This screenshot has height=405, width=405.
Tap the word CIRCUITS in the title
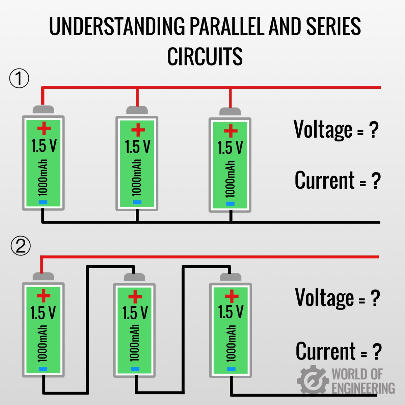coord(205,56)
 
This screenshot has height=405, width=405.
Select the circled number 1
coord(19,79)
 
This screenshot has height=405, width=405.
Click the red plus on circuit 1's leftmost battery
coord(44,129)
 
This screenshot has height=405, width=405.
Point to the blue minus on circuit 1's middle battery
coord(137,202)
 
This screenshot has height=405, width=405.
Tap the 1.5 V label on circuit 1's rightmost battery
coord(230,147)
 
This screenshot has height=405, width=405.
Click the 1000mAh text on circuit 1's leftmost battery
coord(43,178)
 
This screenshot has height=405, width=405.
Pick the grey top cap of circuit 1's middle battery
coord(137,110)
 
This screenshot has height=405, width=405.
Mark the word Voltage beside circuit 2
coord(324,298)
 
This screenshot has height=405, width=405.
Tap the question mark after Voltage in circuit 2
coord(375,298)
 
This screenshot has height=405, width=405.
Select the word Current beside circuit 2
coord(326,351)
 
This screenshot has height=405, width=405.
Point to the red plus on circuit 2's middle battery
coord(135,297)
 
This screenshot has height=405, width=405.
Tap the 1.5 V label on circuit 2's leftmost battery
coord(43,313)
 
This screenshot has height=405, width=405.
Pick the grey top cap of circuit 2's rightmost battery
coord(231,277)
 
